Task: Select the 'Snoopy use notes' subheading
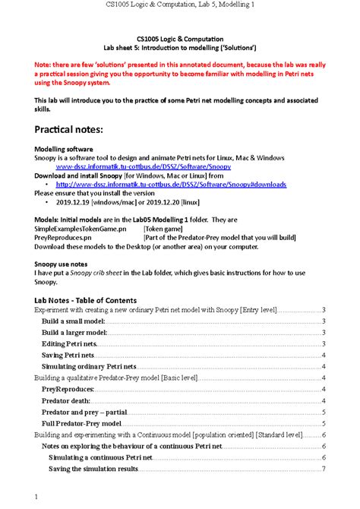click(x=63, y=264)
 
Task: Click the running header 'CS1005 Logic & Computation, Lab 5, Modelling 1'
click(x=180, y=7)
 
